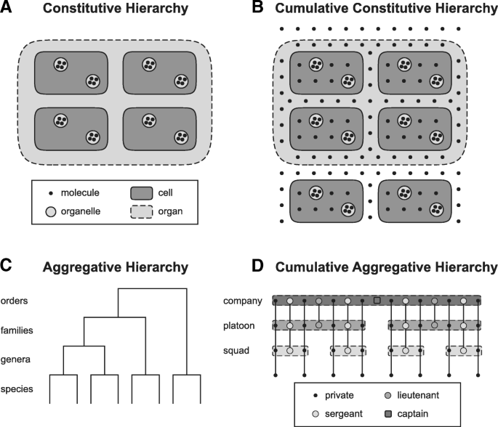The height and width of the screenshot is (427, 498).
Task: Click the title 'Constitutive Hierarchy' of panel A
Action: tap(129, 11)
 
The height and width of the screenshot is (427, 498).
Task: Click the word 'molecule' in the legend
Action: tap(80, 193)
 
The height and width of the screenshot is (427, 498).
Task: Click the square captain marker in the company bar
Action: tap(377, 300)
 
